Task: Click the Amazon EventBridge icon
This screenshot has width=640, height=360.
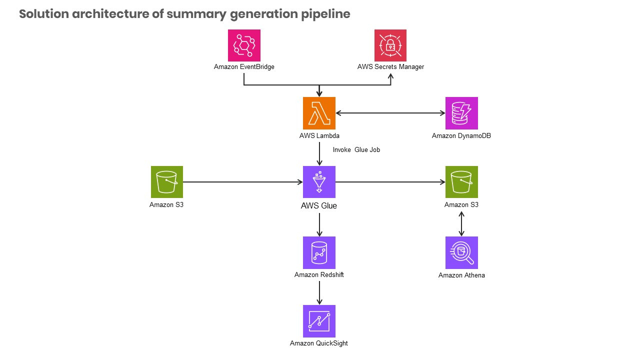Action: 244,45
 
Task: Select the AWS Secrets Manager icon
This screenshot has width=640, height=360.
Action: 390,45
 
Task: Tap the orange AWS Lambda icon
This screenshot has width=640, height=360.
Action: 319,113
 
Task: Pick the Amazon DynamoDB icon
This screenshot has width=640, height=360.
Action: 461,113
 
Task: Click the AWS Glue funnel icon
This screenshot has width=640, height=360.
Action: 319,182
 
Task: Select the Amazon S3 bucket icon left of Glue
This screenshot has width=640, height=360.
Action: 167,182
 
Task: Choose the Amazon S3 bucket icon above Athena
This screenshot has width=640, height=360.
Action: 461,182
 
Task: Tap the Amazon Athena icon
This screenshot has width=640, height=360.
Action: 461,252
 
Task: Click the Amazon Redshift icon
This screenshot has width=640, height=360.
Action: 319,252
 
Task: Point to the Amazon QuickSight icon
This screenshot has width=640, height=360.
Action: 319,321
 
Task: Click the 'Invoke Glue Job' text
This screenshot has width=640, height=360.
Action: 356,149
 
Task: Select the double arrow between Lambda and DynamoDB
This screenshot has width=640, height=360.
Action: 390,113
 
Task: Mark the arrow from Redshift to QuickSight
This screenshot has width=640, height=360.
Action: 319,292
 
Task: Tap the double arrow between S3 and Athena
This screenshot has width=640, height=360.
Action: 461,223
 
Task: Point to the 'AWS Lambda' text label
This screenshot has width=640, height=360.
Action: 319,136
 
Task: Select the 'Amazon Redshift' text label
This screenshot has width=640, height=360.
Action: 319,274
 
